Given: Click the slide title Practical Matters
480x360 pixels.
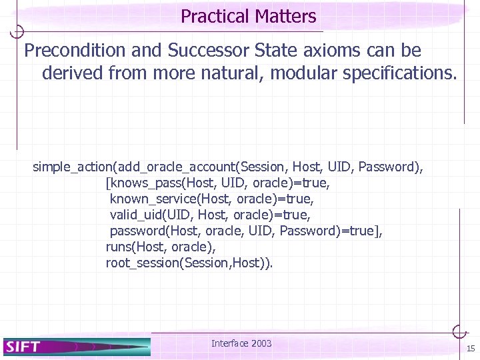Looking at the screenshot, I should pyautogui.click(x=248, y=16).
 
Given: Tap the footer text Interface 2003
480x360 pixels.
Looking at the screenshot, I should pyautogui.click(x=241, y=343).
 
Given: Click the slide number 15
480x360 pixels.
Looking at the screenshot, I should pyautogui.click(x=471, y=349).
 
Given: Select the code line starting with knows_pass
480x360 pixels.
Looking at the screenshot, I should pyautogui.click(x=218, y=182).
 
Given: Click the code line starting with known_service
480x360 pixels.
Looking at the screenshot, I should pyautogui.click(x=211, y=199).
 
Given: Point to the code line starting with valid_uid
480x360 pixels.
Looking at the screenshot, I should pyautogui.click(x=210, y=215).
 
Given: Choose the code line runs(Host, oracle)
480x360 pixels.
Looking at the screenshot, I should pyautogui.click(x=161, y=247).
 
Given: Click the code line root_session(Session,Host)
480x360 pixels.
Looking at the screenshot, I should pyautogui.click(x=189, y=263).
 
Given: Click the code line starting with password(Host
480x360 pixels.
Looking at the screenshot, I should pyautogui.click(x=246, y=231).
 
